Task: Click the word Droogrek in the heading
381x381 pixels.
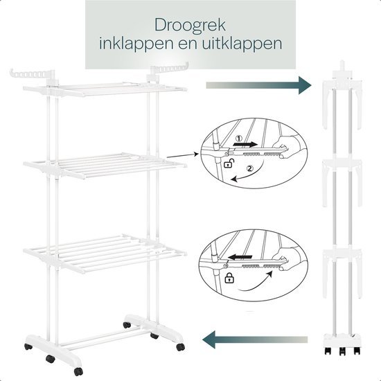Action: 190,25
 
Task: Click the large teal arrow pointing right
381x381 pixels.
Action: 258,85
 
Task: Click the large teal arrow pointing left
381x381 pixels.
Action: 255,339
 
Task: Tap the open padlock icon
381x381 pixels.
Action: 229,163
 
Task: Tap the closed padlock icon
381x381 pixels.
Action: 229,278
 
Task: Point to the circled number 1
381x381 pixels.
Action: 239,139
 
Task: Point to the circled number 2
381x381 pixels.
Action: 250,168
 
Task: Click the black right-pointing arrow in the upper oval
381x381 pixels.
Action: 245,144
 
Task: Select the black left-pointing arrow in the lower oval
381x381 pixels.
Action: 240,257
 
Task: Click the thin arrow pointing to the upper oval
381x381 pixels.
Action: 183,155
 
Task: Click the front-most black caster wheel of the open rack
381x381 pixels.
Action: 78,371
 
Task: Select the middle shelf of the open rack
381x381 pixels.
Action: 105,165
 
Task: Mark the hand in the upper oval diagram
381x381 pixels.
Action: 288,145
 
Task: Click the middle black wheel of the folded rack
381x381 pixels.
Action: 342,351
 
